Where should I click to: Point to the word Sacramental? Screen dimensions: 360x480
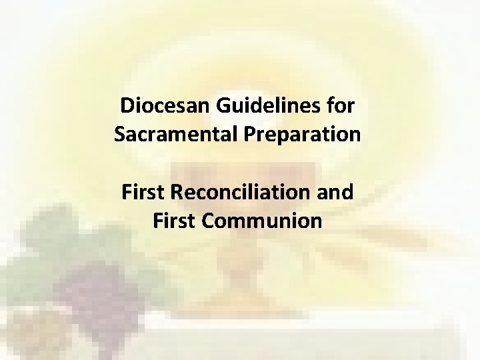click(173, 133)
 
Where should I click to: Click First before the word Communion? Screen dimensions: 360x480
click(173, 220)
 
